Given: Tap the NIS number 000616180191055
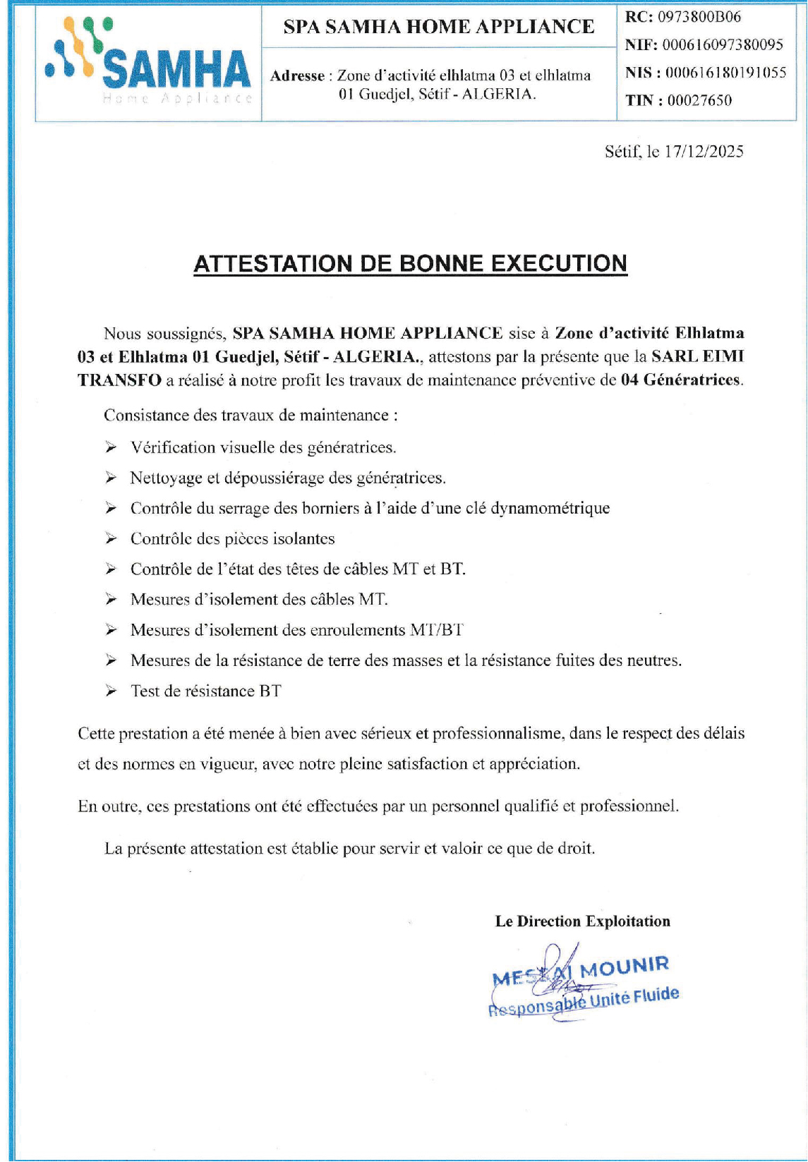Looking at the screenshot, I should (x=725, y=73).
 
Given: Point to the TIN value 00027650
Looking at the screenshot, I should (x=699, y=100).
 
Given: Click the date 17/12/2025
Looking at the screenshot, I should (x=704, y=152).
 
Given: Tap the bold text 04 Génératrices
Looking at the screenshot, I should (x=681, y=380).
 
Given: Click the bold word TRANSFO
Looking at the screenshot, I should (x=119, y=380).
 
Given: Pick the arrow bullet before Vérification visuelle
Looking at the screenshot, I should (x=111, y=447).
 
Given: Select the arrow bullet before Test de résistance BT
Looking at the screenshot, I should (x=111, y=691).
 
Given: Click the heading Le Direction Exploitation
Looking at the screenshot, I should (x=582, y=921).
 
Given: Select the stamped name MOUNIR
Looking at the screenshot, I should (x=624, y=967).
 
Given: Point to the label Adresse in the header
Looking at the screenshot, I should (x=297, y=76).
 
